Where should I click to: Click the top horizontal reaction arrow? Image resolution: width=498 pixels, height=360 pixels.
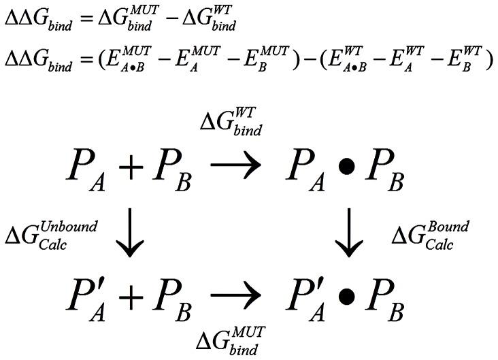[x=235, y=168]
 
